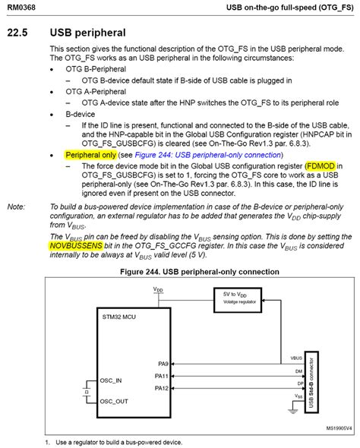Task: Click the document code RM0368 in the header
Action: [x=24, y=7]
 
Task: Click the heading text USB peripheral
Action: [x=87, y=33]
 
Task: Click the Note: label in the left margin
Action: [x=16, y=207]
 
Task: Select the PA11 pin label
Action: [x=161, y=375]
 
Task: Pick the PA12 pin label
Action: [x=161, y=388]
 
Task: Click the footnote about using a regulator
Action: [x=114, y=442]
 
